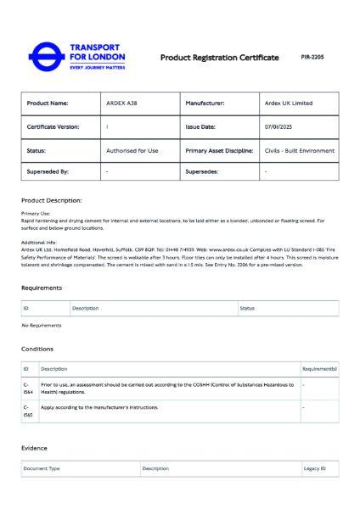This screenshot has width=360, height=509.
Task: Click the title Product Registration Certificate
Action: tap(219, 58)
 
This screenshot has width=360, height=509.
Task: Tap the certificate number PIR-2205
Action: tap(312, 57)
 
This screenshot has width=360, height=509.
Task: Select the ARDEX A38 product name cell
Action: tap(121, 103)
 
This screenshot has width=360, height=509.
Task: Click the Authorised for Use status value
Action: tap(132, 150)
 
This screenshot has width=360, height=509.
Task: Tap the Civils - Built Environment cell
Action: tap(299, 150)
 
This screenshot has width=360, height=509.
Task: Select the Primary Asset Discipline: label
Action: tap(219, 150)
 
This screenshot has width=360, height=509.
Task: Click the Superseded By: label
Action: tap(48, 171)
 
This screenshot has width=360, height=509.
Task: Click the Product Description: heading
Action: tap(51, 201)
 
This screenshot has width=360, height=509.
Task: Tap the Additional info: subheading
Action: tap(39, 243)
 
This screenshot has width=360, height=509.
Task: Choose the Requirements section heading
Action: tap(42, 288)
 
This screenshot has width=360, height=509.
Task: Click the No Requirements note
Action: tap(42, 325)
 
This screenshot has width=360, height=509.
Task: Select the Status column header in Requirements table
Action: tap(247, 308)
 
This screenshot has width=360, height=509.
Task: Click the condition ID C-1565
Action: tap(28, 411)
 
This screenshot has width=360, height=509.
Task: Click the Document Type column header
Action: tap(42, 468)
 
